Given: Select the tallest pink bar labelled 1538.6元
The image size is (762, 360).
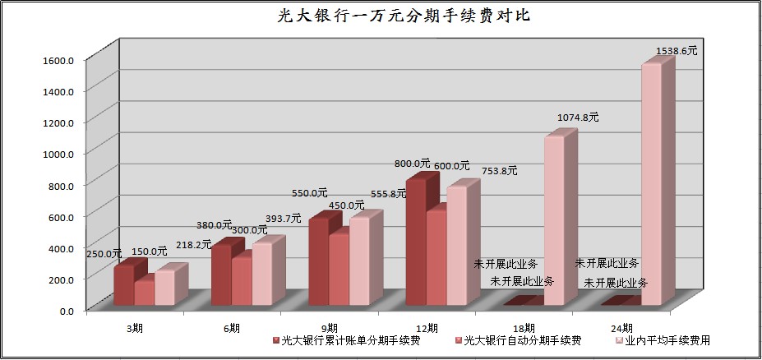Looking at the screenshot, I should pyautogui.click(x=651, y=185).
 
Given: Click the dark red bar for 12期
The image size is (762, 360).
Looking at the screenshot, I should pyautogui.click(x=416, y=242).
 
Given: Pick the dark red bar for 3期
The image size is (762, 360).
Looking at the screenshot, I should pyautogui.click(x=123, y=285).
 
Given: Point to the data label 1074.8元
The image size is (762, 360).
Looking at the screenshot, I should pyautogui.click(x=578, y=118).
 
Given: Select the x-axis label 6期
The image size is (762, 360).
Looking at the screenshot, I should pyautogui.click(x=232, y=328).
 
